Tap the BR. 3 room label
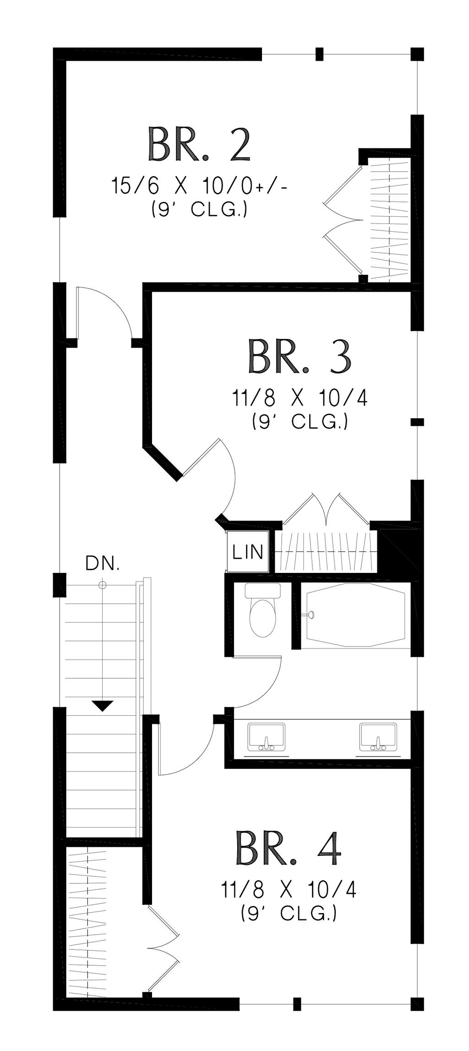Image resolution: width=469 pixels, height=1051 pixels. [x=300, y=356]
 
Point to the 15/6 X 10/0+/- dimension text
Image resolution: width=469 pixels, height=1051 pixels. [x=200, y=187]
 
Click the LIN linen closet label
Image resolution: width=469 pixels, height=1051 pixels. [x=248, y=552]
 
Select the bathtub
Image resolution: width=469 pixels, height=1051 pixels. [x=355, y=615]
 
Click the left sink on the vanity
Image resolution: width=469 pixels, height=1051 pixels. [x=266, y=737]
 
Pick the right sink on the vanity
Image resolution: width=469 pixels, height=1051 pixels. [x=378, y=737]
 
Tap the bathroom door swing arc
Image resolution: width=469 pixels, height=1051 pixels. [x=261, y=687]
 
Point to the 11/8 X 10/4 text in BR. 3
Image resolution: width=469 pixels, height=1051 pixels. [x=300, y=398]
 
